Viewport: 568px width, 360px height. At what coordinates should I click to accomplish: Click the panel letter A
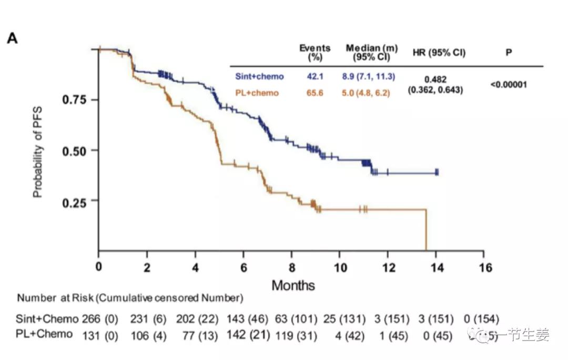pyautogui.click(x=12, y=38)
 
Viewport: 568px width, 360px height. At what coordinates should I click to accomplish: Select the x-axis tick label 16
pyautogui.click(x=486, y=267)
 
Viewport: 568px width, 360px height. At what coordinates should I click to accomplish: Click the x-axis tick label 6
pyautogui.click(x=244, y=267)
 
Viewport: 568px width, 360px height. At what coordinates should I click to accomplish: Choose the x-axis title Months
pyautogui.click(x=293, y=286)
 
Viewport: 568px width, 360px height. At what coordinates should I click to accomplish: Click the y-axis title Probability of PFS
pyautogui.click(x=38, y=151)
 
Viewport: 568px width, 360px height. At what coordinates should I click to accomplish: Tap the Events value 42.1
pyautogui.click(x=315, y=77)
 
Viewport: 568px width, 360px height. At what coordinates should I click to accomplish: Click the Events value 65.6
pyautogui.click(x=315, y=93)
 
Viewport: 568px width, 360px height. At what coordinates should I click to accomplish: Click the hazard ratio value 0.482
pyautogui.click(x=435, y=79)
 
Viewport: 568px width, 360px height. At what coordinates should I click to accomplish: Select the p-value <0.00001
pyautogui.click(x=509, y=84)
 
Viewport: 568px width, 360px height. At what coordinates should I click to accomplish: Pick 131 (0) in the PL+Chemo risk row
pyautogui.click(x=100, y=334)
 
